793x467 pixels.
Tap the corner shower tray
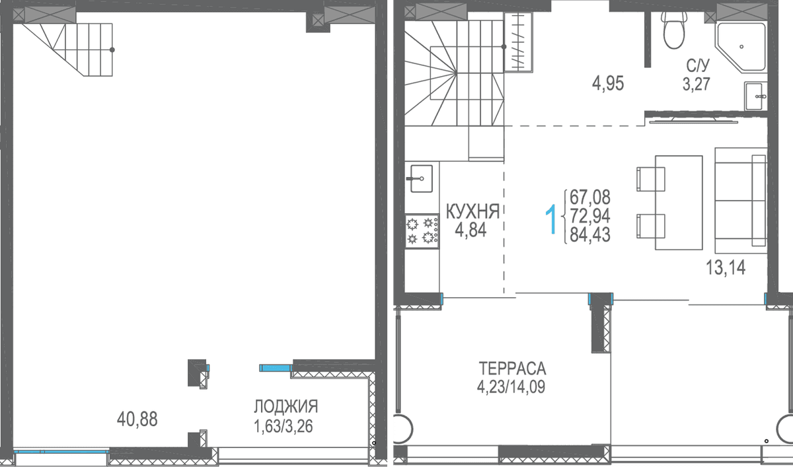[741, 48]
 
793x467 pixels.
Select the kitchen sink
[421, 178]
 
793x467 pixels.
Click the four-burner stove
[422, 231]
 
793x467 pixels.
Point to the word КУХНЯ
[472, 211]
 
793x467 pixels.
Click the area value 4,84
[471, 230]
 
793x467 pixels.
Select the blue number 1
[551, 219]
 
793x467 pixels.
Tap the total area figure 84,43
[590, 234]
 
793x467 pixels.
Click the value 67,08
[590, 197]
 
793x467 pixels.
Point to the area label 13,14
[726, 268]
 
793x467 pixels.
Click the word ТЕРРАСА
[512, 369]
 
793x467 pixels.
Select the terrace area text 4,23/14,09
[511, 386]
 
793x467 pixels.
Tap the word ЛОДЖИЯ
[286, 406]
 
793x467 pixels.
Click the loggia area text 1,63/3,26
[283, 426]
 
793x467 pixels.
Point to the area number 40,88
[137, 419]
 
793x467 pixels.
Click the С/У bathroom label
[698, 65]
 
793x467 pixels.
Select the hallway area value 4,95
[608, 84]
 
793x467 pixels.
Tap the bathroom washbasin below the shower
[755, 96]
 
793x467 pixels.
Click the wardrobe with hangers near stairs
[518, 42]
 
